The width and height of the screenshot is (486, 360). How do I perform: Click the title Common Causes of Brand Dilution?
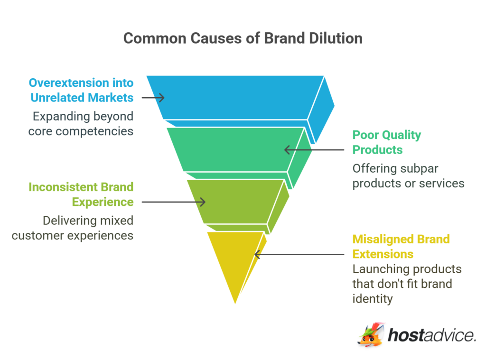coord(243,38)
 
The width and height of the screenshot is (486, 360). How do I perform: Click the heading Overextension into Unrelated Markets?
coord(81,90)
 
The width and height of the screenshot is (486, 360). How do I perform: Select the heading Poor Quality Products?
coord(386,142)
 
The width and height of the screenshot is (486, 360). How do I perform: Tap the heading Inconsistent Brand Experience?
coord(81,194)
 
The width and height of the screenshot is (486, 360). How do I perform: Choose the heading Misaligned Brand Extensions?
coord(401,246)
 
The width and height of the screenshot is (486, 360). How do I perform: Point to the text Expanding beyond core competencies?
coord(81,123)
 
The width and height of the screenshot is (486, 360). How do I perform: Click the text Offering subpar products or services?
coord(408,175)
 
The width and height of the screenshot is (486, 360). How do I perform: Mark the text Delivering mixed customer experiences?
coord(73,228)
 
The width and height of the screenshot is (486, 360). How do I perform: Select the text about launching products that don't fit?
coord(407,284)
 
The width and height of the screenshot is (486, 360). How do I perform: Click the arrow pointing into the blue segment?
coord(153,98)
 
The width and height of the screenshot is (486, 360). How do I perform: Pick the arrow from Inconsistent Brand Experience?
coord(174,202)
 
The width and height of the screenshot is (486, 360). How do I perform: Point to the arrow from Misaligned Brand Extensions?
coord(299,254)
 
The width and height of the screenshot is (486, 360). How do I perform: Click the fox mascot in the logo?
coord(371,335)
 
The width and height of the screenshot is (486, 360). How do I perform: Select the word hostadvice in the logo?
coord(431,335)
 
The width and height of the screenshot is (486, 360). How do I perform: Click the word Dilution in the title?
coord(335,38)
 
